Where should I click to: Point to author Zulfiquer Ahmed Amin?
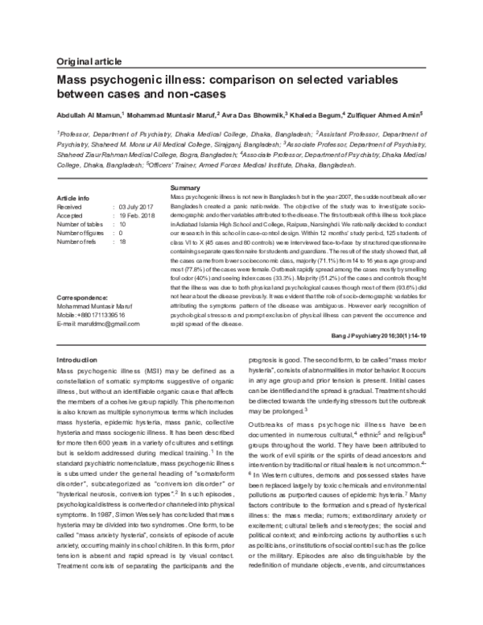pyautogui.click(x=386, y=115)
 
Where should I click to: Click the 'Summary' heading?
pyautogui.click(x=186, y=188)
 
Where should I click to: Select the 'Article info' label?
pyautogui.click(x=73, y=198)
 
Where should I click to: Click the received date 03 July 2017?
pyautogui.click(x=138, y=207)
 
